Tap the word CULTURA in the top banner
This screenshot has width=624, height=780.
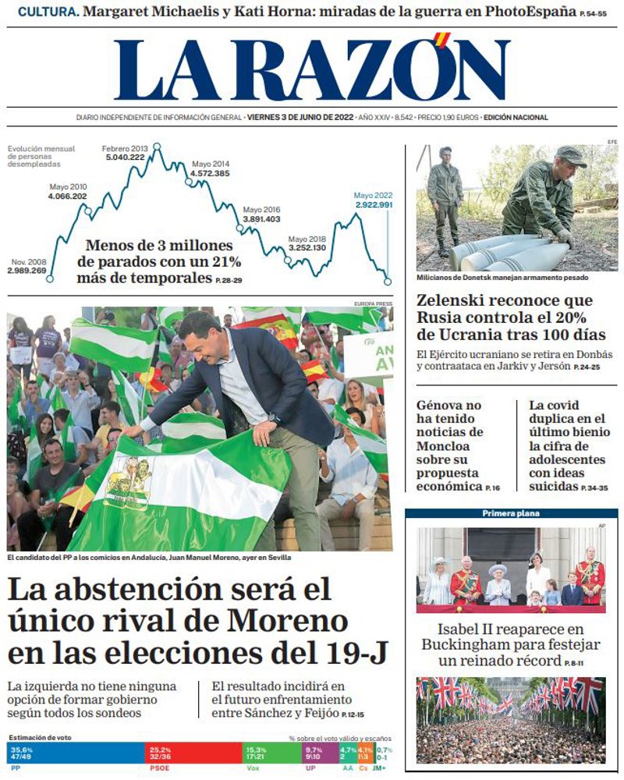(46, 12)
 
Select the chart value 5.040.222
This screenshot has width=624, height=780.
(126, 157)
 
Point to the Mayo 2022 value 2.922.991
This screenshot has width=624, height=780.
(374, 204)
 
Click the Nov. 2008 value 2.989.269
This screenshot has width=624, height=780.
(27, 270)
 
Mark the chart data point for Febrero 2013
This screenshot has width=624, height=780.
(157, 146)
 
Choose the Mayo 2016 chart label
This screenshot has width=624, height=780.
(261, 210)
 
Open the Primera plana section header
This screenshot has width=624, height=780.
(511, 513)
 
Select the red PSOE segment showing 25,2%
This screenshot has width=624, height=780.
(195, 753)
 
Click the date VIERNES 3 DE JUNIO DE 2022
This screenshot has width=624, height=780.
(300, 118)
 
